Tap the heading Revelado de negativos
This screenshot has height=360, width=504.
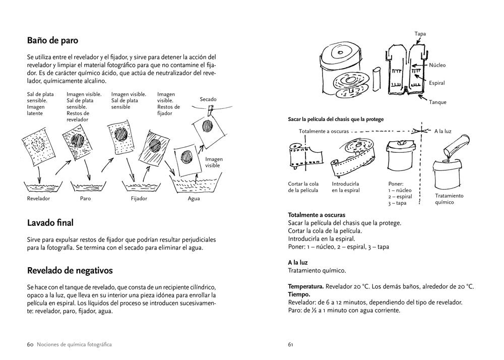[70, 270]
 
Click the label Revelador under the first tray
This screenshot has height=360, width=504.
[39, 199]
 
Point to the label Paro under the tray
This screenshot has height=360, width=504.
[85, 199]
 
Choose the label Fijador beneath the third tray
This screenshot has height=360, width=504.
[139, 199]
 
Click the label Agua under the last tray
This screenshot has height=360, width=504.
[194, 199]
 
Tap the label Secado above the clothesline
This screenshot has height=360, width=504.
[208, 99]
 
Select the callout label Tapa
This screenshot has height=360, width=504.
[420, 34]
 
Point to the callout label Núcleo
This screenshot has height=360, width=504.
[437, 66]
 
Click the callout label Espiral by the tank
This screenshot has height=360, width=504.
[437, 83]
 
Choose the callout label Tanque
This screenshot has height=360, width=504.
[437, 102]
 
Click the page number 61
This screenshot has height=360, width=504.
[291, 345]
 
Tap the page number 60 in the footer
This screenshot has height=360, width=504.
[30, 345]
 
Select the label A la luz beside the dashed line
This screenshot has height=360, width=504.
[443, 131]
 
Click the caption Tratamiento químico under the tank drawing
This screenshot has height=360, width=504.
[449, 199]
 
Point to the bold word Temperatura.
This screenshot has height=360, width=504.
[305, 286]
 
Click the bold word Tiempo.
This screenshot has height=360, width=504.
[299, 294]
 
